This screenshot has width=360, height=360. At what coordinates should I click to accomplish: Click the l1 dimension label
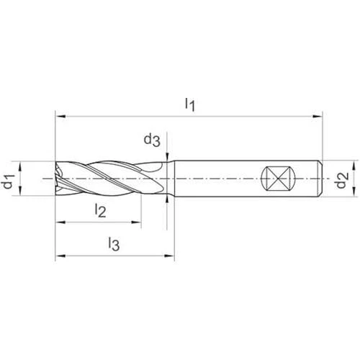tap(190, 104)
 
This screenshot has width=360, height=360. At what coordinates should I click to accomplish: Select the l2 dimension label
tap(100, 210)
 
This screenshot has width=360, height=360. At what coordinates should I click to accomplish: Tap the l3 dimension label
tap(114, 244)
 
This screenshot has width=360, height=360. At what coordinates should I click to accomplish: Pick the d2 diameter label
tap(342, 180)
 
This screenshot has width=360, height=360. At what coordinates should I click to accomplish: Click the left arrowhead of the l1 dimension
tap(60, 117)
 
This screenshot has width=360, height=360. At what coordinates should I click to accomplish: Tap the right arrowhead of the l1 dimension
tap(318, 117)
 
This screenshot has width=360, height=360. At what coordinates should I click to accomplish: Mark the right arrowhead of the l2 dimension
tap(136, 222)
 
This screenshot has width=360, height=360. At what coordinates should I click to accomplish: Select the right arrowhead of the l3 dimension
tap(169, 256)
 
